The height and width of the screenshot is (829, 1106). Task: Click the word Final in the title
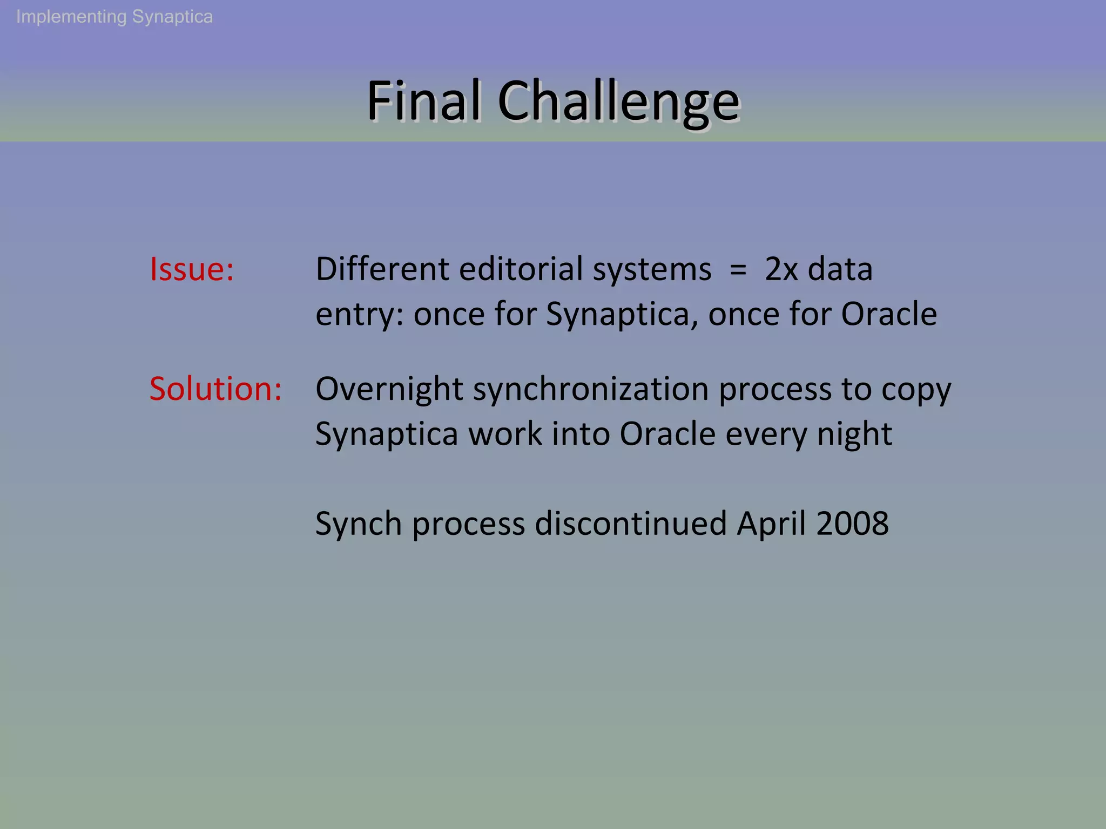click(x=424, y=101)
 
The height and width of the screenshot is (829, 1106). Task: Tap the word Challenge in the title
click(x=618, y=101)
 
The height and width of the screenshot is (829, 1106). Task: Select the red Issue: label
click(x=192, y=269)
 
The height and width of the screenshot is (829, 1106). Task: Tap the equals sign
click(x=738, y=269)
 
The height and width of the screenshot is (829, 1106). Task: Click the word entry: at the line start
click(x=359, y=314)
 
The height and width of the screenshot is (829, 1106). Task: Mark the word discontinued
click(x=631, y=524)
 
